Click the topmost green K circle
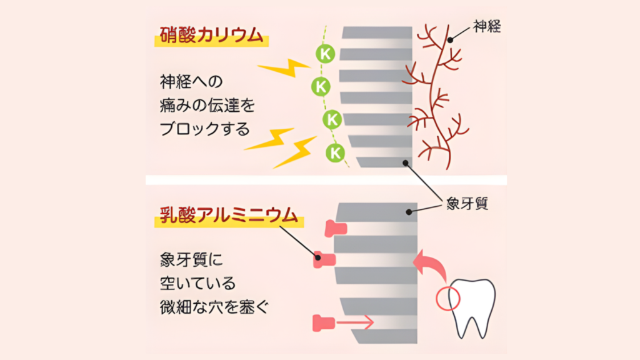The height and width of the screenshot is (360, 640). coord(324,53)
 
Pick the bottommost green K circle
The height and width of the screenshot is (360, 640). coord(336,152)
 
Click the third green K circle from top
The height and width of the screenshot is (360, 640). coord(331,118)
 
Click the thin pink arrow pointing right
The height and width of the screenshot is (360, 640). coord(355,322)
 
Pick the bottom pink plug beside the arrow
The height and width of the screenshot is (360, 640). coord(324,323)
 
